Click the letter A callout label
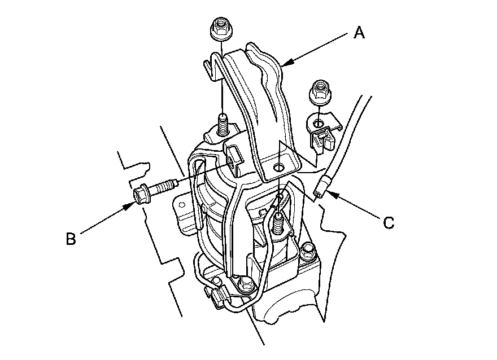pyautogui.click(x=359, y=33)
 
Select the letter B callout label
pyautogui.click(x=71, y=239)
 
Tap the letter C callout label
pyautogui.click(x=389, y=222)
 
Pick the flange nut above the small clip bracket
pyautogui.click(x=320, y=92)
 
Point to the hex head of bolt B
pyautogui.click(x=140, y=194)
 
